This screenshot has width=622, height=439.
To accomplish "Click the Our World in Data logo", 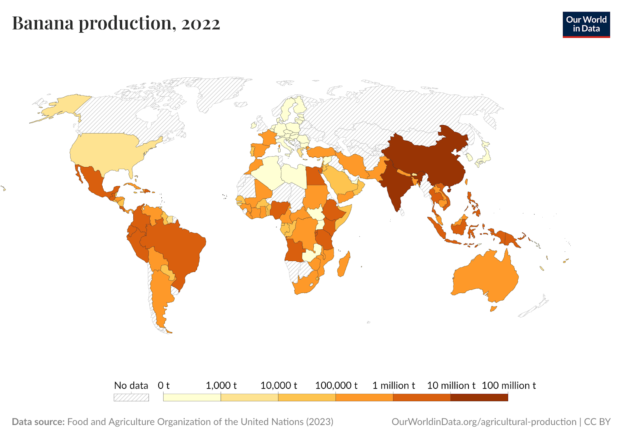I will (586, 24).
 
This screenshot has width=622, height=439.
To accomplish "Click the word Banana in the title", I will (43, 23).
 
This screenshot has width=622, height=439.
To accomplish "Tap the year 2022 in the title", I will (201, 24).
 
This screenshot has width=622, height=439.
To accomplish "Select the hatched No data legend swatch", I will (131, 397).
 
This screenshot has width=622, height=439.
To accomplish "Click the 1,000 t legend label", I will (221, 385).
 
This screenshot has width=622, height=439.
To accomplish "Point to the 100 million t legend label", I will (508, 385).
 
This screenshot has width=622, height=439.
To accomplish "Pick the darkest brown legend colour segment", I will (479, 397).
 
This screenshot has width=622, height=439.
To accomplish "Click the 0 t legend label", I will (163, 385).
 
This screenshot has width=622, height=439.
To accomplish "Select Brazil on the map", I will (179, 249).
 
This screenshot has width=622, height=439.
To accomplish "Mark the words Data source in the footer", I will (38, 422).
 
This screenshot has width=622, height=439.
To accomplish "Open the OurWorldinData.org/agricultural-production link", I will (484, 422).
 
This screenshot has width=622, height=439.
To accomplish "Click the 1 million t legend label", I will (393, 385).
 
